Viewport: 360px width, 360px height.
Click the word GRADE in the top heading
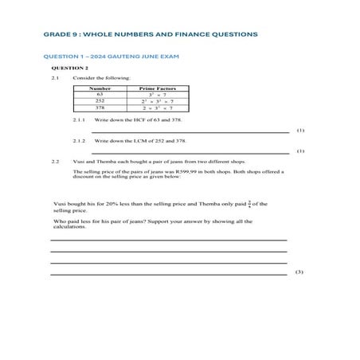pos(57,34)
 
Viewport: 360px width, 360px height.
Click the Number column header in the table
pos(100,88)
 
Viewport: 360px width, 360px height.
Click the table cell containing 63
pos(100,94)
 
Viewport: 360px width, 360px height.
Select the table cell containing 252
pos(100,100)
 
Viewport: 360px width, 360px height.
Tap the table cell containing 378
pos(100,108)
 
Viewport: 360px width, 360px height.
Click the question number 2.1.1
pos(79,120)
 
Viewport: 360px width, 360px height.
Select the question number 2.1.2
pos(79,140)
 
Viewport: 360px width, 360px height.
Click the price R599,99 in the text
pos(194,171)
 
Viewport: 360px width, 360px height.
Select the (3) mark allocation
pos(299,272)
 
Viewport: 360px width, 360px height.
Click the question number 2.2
pos(55,161)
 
